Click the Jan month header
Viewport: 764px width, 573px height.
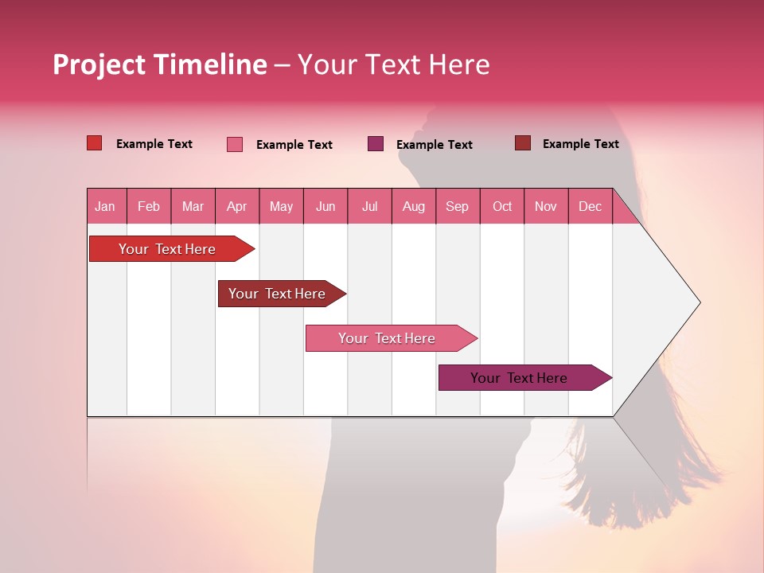[105, 206]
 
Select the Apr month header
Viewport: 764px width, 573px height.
[236, 206]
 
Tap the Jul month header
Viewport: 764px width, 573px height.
[369, 206]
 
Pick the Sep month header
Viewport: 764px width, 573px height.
[457, 206]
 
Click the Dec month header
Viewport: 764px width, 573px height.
[590, 206]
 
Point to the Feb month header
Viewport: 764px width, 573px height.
[149, 206]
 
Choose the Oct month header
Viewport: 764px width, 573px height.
[502, 206]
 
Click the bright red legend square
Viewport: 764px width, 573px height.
[94, 143]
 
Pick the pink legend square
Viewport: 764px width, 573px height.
[234, 144]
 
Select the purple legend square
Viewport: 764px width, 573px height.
[376, 144]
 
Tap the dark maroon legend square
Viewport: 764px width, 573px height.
[522, 143]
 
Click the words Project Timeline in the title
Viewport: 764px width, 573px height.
[159, 64]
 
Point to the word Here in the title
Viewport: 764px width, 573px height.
[459, 64]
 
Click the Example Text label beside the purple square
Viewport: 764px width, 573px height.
[434, 145]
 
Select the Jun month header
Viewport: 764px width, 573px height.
[325, 206]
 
